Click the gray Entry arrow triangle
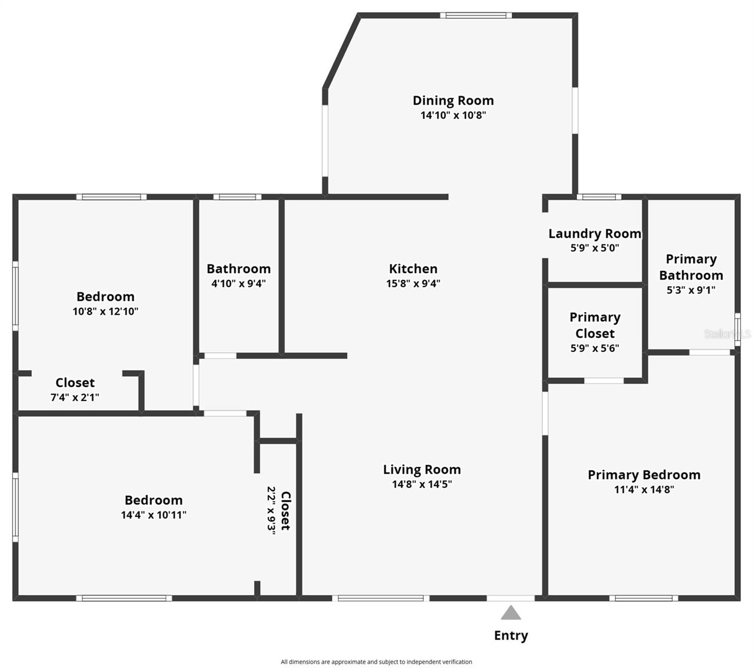(511, 613)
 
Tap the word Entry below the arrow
(511, 635)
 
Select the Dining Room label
(453, 101)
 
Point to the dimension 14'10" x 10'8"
(453, 115)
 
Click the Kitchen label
(413, 269)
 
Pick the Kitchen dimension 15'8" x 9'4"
(413, 283)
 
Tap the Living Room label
(421, 470)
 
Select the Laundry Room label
(595, 234)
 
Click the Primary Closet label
(595, 325)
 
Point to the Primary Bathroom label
(691, 267)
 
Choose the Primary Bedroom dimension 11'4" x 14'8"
(644, 490)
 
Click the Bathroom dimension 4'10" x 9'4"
(239, 283)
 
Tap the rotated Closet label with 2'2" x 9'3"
(285, 510)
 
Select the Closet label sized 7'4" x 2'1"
(75, 383)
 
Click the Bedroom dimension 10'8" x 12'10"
(105, 312)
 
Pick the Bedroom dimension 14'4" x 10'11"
(153, 515)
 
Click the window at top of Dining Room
(475, 15)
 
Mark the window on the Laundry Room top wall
(599, 197)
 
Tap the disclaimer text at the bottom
(376, 662)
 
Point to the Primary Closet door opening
(604, 381)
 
